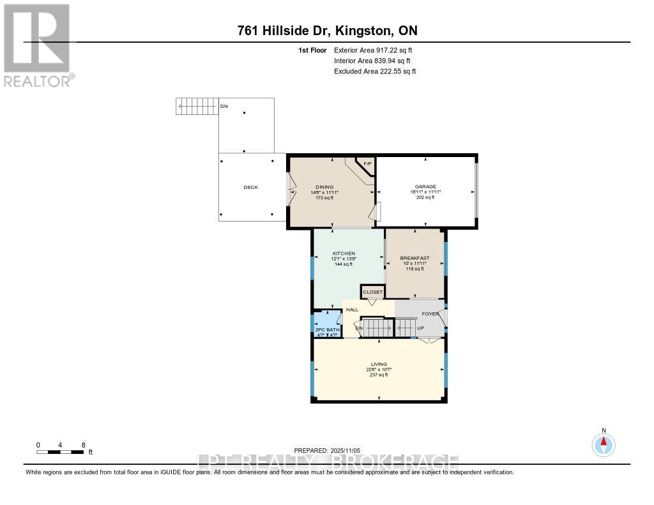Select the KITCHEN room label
pyautogui.click(x=343, y=253)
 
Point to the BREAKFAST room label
pyautogui.click(x=414, y=258)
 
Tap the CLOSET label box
pyautogui.click(x=372, y=292)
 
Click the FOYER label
pyautogui.click(x=430, y=313)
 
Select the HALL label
pyautogui.click(x=352, y=310)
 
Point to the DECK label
pyautogui.click(x=250, y=187)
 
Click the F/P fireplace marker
pyautogui.click(x=367, y=164)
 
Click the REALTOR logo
pyautogui.click(x=38, y=45)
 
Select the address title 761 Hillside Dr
pyautogui.click(x=326, y=31)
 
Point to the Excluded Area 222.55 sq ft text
pyautogui.click(x=375, y=72)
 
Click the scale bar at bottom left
pyautogui.click(x=61, y=452)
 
